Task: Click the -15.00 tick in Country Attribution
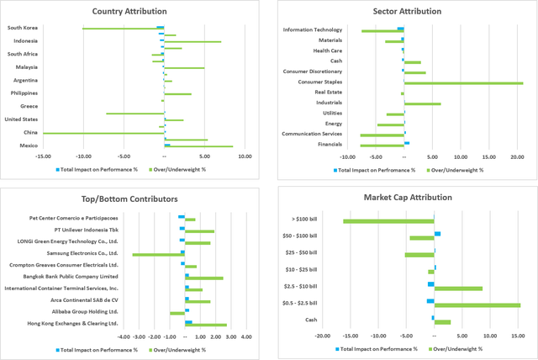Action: pos(43,155)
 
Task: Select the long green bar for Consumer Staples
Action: pos(463,83)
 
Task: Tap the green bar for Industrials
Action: pos(422,103)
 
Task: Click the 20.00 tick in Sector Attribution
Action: pos(517,156)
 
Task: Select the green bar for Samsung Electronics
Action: pos(157,254)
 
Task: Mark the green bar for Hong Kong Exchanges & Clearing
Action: pos(206,325)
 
